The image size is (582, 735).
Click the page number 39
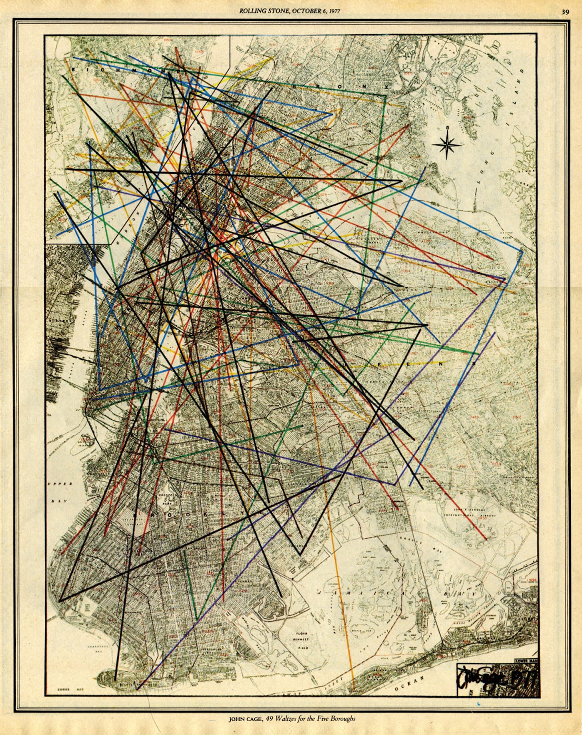pos(565,12)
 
